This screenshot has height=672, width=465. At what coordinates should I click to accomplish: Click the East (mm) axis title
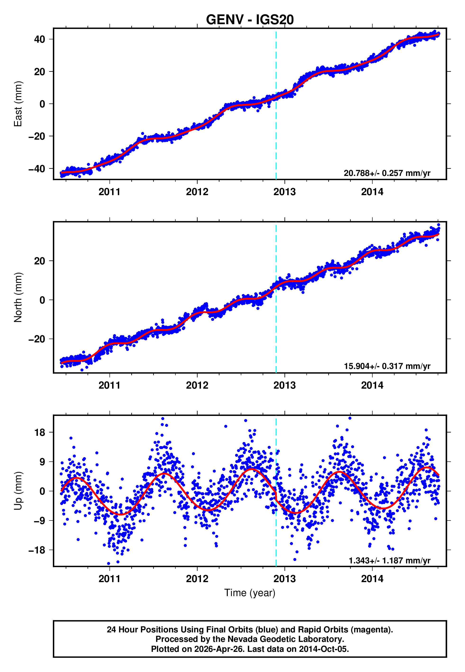pyautogui.click(x=18, y=104)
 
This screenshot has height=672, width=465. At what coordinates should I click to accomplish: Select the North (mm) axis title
pyautogui.click(x=18, y=297)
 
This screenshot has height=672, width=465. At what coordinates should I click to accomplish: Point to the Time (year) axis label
pyautogui.click(x=250, y=593)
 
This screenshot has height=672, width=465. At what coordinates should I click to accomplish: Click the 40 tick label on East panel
pyautogui.click(x=40, y=39)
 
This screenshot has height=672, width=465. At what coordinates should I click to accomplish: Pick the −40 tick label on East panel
pyautogui.click(x=37, y=169)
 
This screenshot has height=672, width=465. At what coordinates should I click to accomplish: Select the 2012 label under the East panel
pyautogui.click(x=197, y=192)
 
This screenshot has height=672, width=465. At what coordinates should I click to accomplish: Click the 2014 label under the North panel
pyautogui.click(x=372, y=385)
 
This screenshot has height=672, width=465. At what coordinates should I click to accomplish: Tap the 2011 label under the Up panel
pyautogui.click(x=109, y=579)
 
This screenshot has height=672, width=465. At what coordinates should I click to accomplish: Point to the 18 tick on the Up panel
pyautogui.click(x=40, y=433)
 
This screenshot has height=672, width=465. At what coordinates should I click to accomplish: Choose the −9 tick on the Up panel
pyautogui.click(x=38, y=521)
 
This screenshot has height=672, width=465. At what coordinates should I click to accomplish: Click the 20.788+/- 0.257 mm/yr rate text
pyautogui.click(x=387, y=173)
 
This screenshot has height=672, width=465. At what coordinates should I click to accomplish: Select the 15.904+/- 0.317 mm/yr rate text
pyautogui.click(x=387, y=366)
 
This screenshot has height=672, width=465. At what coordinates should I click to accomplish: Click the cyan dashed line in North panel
pyautogui.click(x=276, y=321)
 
